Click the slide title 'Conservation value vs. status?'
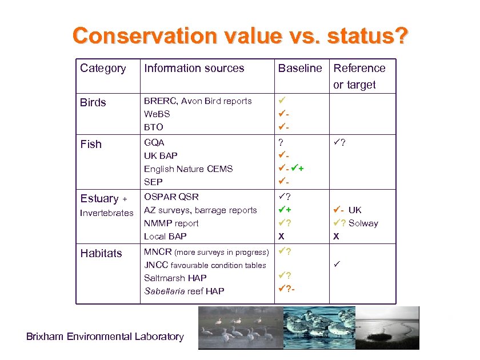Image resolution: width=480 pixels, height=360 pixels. (x=240, y=35)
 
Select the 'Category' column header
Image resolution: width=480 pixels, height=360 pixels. (x=103, y=69)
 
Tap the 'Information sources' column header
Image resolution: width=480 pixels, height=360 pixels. (x=194, y=69)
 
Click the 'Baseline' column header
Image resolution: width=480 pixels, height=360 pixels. (x=300, y=69)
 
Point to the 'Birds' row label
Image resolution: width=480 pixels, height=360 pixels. (x=93, y=103)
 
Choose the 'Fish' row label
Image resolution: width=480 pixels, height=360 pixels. (x=91, y=145)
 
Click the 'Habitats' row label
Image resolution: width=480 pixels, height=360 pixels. (x=101, y=254)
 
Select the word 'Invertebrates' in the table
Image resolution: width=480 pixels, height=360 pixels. (x=106, y=213)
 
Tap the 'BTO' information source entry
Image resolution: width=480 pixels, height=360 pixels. (x=153, y=127)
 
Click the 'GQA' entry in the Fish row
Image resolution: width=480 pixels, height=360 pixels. (x=154, y=142)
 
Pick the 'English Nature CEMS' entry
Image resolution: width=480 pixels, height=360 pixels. (x=188, y=169)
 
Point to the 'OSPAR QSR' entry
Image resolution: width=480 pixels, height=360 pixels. (x=171, y=197)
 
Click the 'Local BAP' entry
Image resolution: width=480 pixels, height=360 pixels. (x=165, y=236)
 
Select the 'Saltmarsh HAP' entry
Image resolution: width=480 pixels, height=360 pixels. (x=175, y=278)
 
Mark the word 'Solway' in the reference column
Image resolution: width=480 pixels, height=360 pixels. (x=363, y=223)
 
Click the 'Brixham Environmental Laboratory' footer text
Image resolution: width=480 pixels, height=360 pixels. (x=105, y=337)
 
